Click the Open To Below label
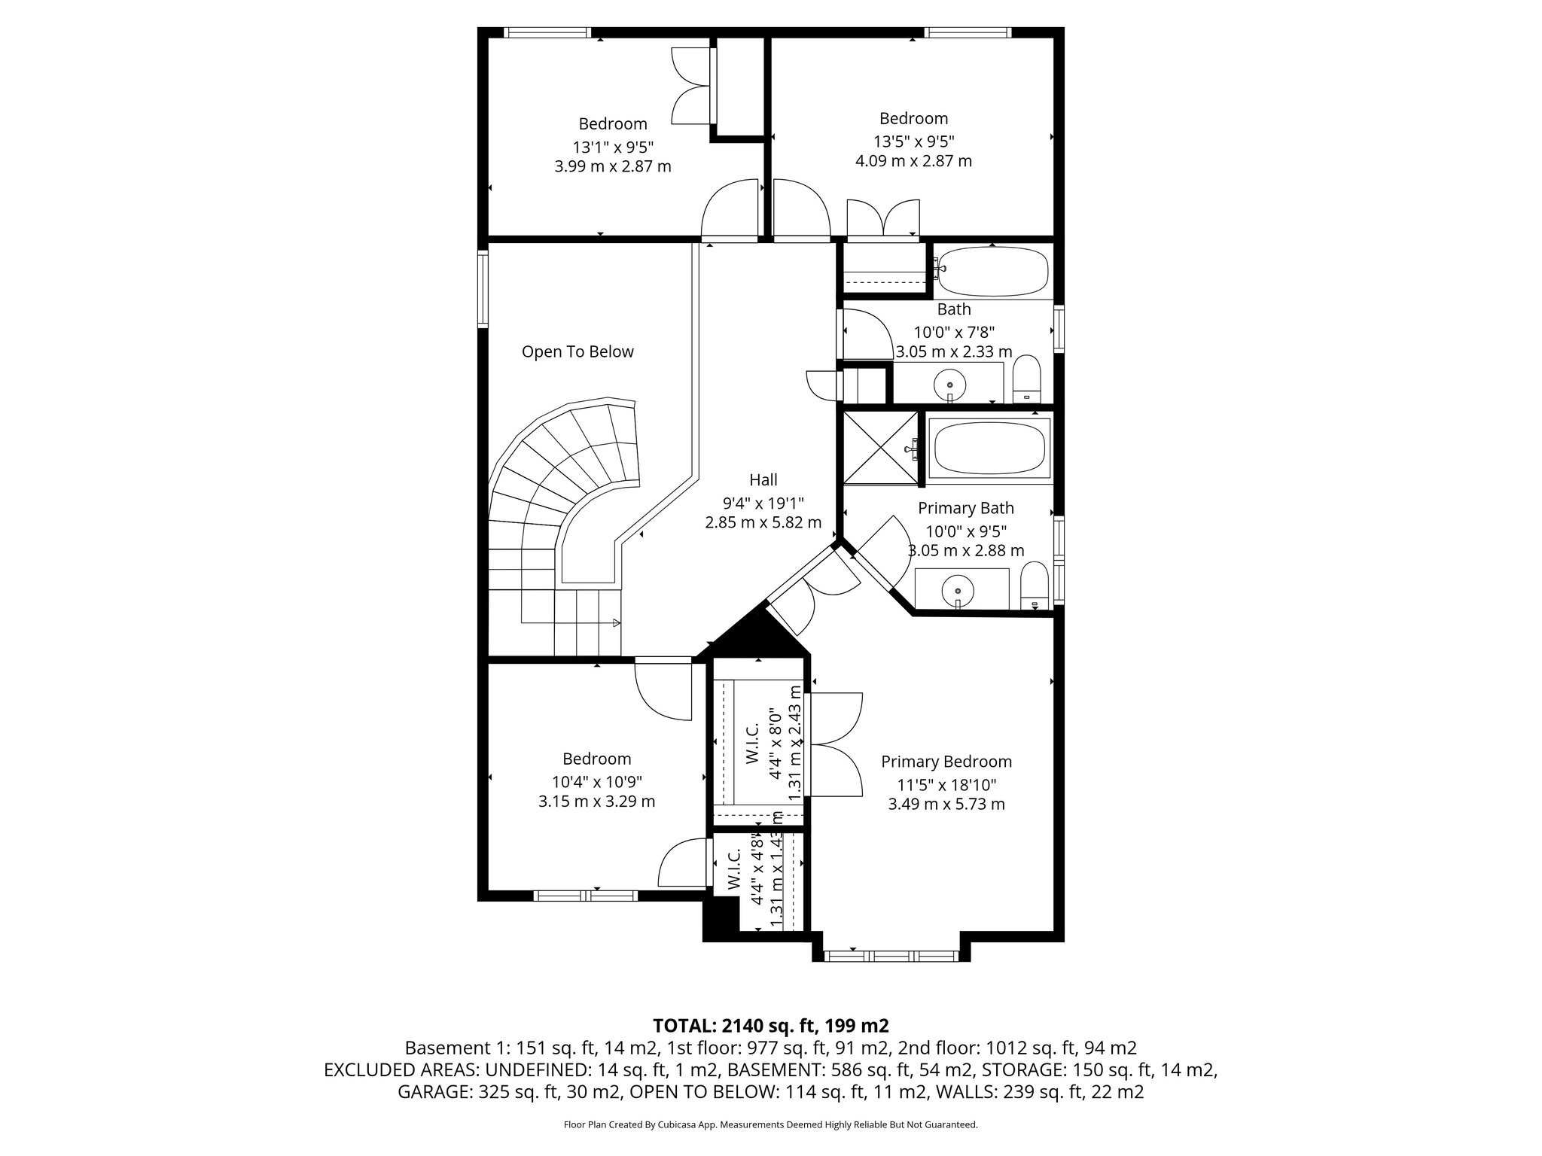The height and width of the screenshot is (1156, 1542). point(577,351)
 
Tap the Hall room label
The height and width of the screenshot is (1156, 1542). point(763,479)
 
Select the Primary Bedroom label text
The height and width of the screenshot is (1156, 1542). point(946,762)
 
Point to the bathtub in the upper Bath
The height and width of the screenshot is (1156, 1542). point(992,272)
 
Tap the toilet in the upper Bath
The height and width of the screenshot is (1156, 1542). point(1026,379)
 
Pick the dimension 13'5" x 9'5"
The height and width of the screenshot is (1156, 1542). point(913,141)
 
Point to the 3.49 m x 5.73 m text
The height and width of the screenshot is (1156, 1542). point(946,804)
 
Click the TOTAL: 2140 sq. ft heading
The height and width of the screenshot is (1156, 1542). point(770,1026)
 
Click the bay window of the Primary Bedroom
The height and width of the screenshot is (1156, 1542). point(891,956)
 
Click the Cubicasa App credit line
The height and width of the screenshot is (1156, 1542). point(770,1125)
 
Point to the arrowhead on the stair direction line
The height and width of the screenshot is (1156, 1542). point(616,622)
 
